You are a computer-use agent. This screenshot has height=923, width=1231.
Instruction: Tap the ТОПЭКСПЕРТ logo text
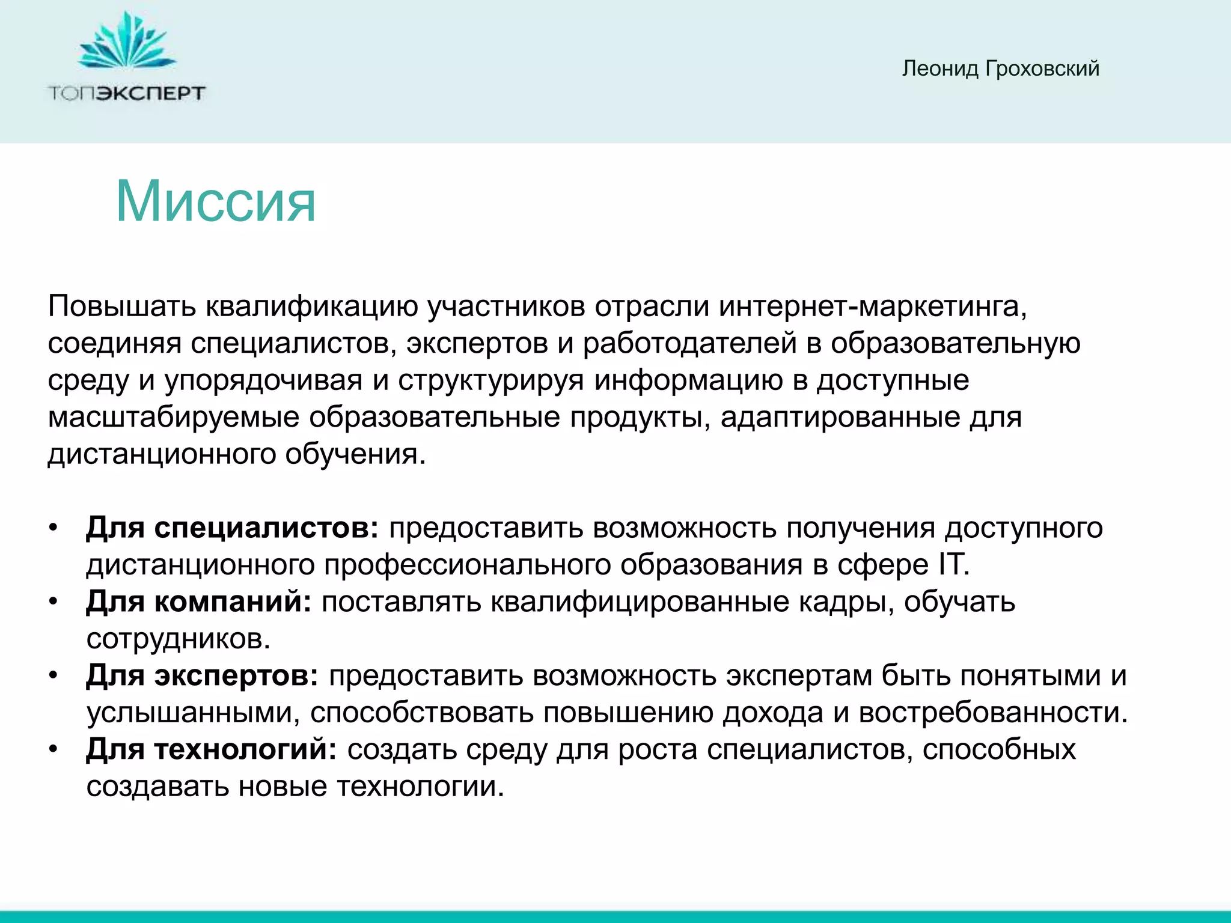(126, 93)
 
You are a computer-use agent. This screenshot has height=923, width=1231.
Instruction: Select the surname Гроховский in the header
(1042, 69)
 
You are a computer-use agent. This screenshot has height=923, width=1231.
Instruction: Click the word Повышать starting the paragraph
(122, 306)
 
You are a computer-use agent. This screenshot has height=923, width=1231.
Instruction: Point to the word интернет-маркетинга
(873, 306)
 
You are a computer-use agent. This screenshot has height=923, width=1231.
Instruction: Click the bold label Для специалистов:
(232, 528)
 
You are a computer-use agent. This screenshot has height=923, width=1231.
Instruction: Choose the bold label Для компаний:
(198, 602)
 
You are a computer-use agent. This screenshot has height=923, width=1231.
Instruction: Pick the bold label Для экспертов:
(202, 676)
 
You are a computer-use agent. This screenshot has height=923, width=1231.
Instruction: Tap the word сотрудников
(178, 639)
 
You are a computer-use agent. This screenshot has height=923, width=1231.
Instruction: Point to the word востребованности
(992, 713)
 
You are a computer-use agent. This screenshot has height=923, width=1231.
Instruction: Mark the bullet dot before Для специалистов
(53, 528)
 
